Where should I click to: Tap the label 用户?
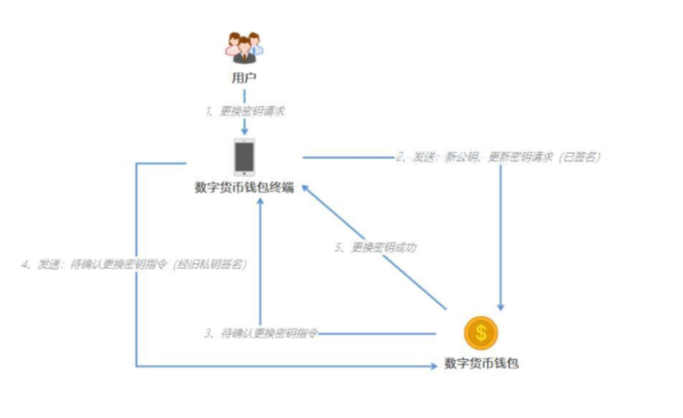pyautogui.click(x=244, y=79)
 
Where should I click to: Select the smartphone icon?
pyautogui.click(x=244, y=157)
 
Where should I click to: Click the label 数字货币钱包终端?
pyautogui.click(x=244, y=188)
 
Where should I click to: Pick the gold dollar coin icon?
pyautogui.click(x=481, y=333)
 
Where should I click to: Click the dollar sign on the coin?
pyautogui.click(x=481, y=333)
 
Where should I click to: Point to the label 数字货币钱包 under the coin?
pyautogui.click(x=481, y=363)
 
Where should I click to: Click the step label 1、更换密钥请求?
pyautogui.click(x=244, y=111)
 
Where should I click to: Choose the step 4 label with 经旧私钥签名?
pyautogui.click(x=134, y=264)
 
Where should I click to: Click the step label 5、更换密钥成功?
pyautogui.click(x=375, y=247)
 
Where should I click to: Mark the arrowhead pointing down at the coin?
pyautogui.click(x=500, y=307)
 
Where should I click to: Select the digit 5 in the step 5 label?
pyautogui.click(x=338, y=247)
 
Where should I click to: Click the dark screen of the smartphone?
pyautogui.click(x=244, y=156)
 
